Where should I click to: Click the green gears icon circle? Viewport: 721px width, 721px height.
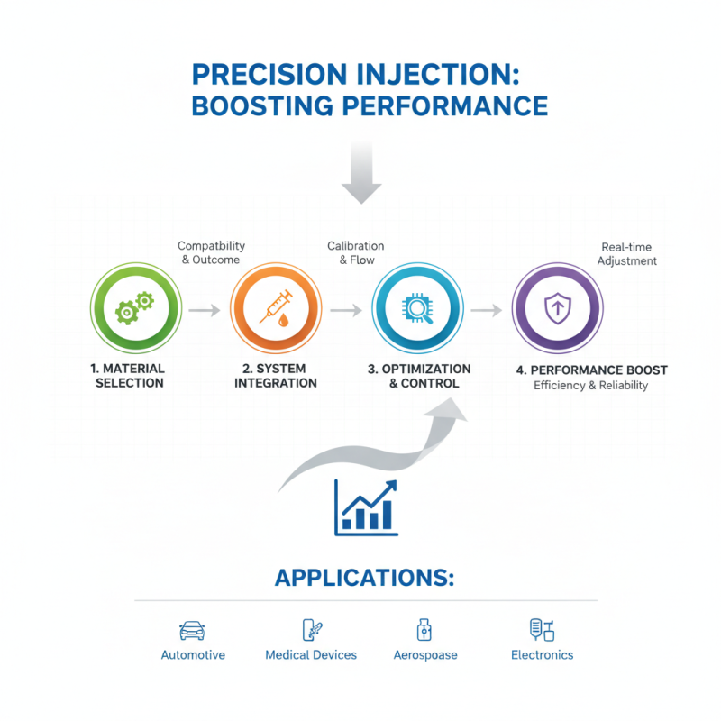[x=135, y=310]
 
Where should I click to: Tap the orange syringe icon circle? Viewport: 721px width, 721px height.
[x=275, y=310]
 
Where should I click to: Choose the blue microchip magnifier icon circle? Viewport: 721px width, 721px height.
[x=417, y=310]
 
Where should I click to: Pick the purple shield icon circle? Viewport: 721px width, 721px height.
[x=556, y=310]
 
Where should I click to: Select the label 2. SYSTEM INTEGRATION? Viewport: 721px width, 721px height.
[x=275, y=376]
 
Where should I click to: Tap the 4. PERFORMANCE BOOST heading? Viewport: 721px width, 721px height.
[x=591, y=370]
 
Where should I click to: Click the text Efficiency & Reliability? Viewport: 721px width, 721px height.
[x=591, y=386]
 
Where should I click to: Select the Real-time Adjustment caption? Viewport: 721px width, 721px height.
[x=628, y=254]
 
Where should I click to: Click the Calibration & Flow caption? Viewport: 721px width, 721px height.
[x=355, y=253]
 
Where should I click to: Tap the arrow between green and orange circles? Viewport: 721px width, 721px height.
[x=205, y=310]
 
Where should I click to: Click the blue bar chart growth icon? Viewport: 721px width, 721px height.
[x=365, y=507]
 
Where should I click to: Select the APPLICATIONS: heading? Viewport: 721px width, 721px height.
[x=364, y=578]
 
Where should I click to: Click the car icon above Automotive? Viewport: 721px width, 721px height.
[x=192, y=630]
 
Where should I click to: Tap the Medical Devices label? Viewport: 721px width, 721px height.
[x=311, y=655]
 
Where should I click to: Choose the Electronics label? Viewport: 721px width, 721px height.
[x=542, y=655]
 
